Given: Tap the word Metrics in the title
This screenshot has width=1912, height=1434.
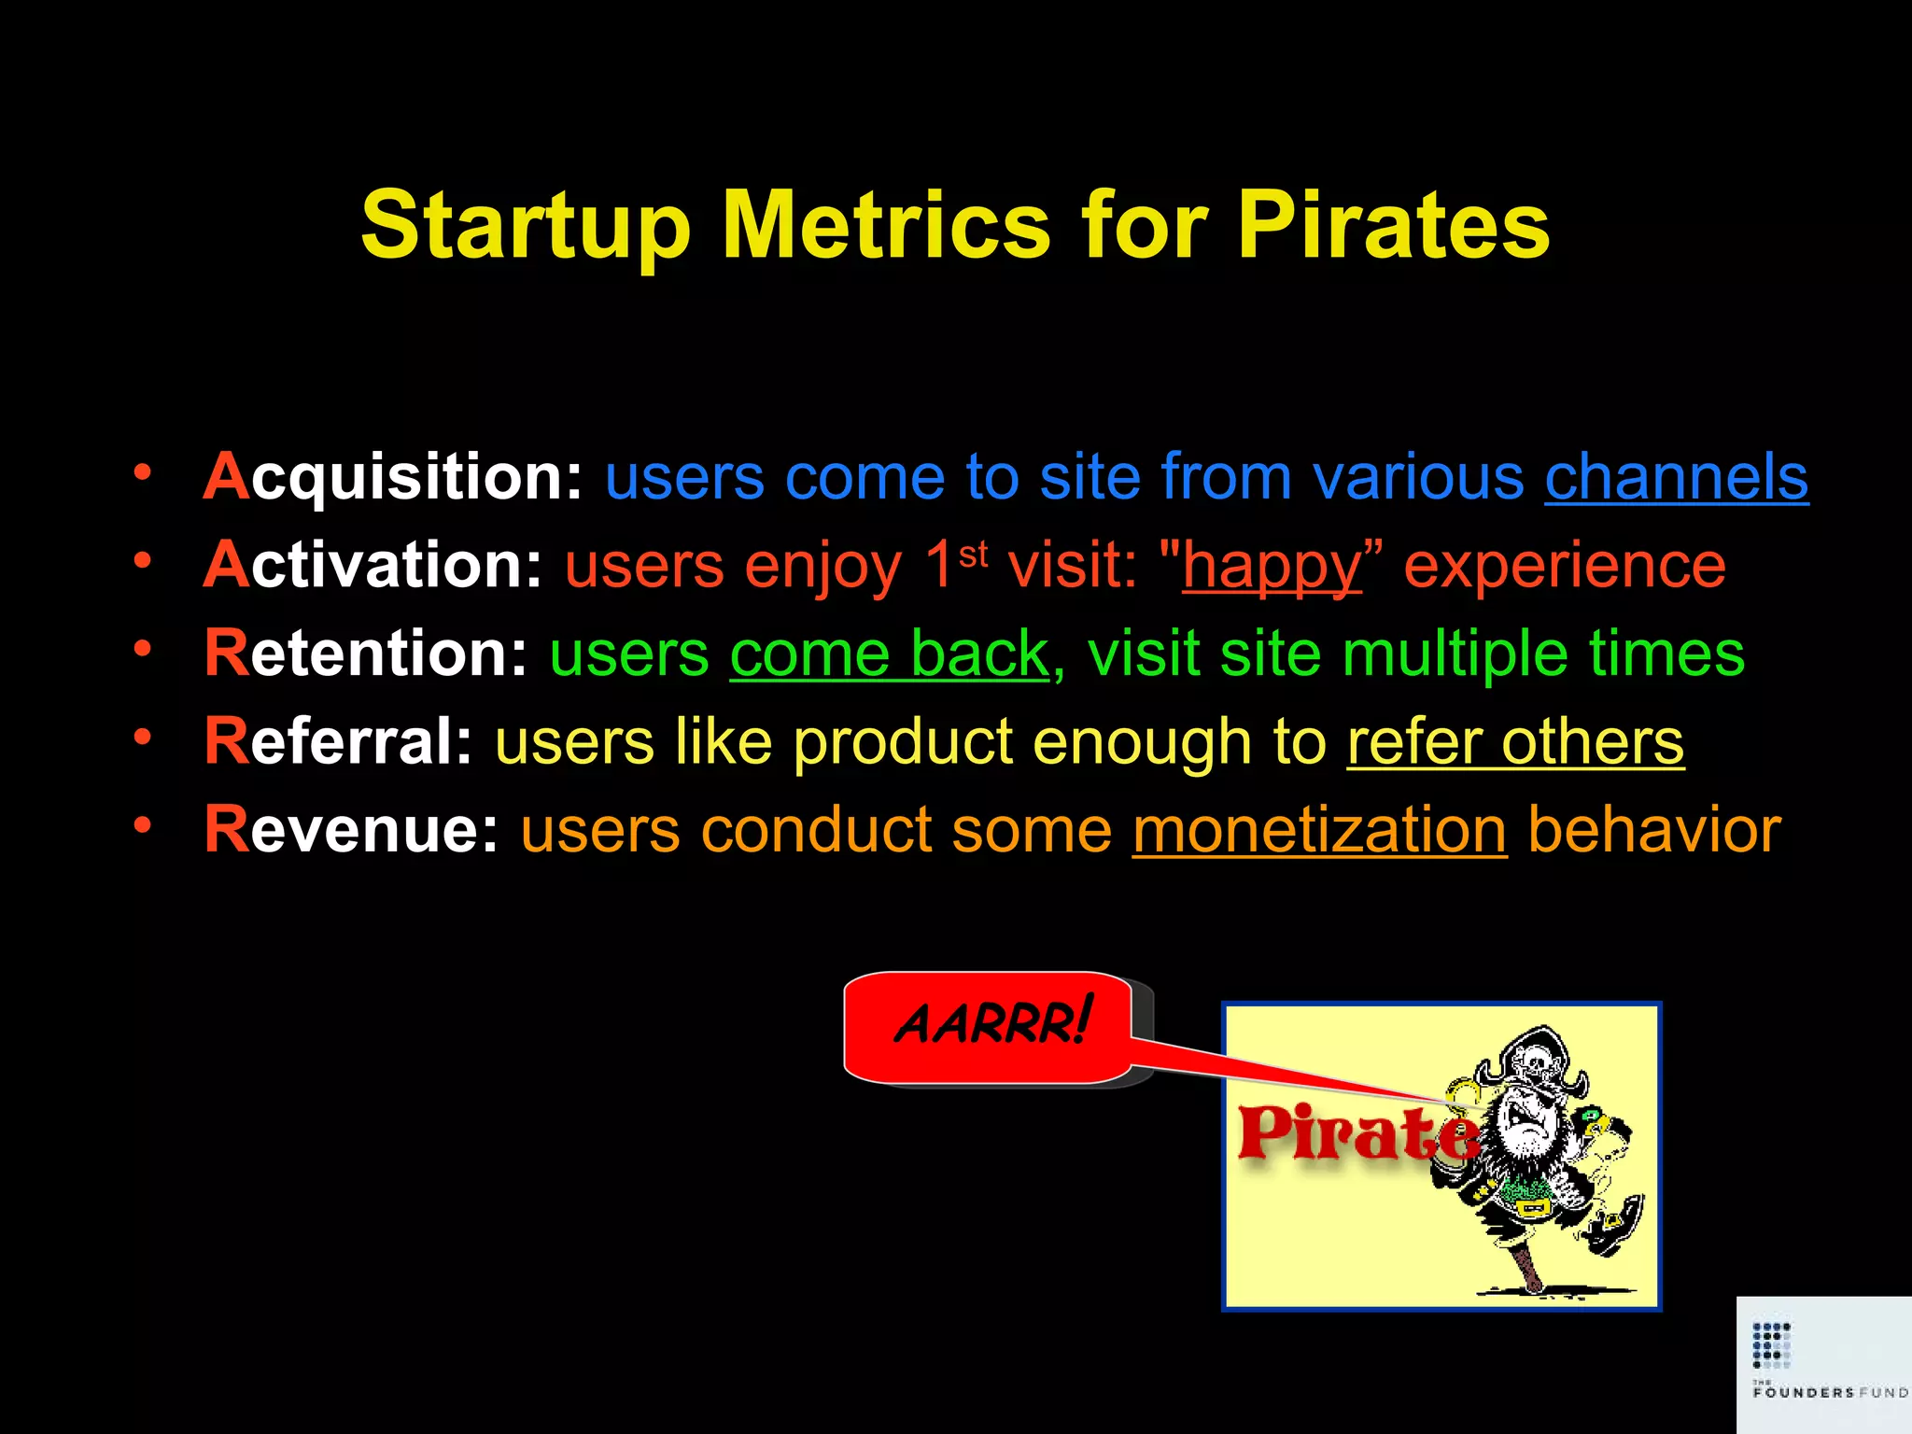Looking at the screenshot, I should (886, 226).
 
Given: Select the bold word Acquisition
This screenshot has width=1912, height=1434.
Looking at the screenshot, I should (392, 477).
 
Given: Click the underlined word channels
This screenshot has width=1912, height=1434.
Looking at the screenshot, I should (1676, 477).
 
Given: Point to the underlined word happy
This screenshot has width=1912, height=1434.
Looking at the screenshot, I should (1272, 566).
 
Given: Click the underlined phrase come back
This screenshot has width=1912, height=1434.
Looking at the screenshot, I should (889, 654).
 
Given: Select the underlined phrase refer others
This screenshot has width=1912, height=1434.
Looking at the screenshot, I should (1514, 742).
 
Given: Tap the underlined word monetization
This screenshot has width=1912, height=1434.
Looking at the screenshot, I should (1319, 830).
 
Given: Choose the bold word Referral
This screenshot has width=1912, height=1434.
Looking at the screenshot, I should (338, 742).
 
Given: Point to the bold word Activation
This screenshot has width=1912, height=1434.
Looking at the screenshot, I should (373, 566).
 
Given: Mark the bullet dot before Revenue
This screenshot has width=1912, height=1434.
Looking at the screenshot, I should (142, 824).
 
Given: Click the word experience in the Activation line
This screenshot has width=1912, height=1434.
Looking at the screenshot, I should (1565, 566).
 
